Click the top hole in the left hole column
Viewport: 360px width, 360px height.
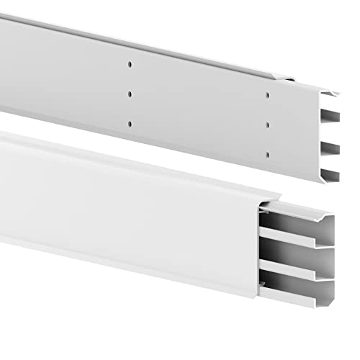coord(130,64)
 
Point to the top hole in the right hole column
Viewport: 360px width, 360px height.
coord(267,95)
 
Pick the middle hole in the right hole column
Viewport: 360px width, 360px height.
coord(267,125)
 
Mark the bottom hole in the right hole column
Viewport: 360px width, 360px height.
coord(267,153)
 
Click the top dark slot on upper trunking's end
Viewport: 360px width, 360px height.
coord(328,117)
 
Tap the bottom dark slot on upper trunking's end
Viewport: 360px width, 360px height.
coord(328,174)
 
